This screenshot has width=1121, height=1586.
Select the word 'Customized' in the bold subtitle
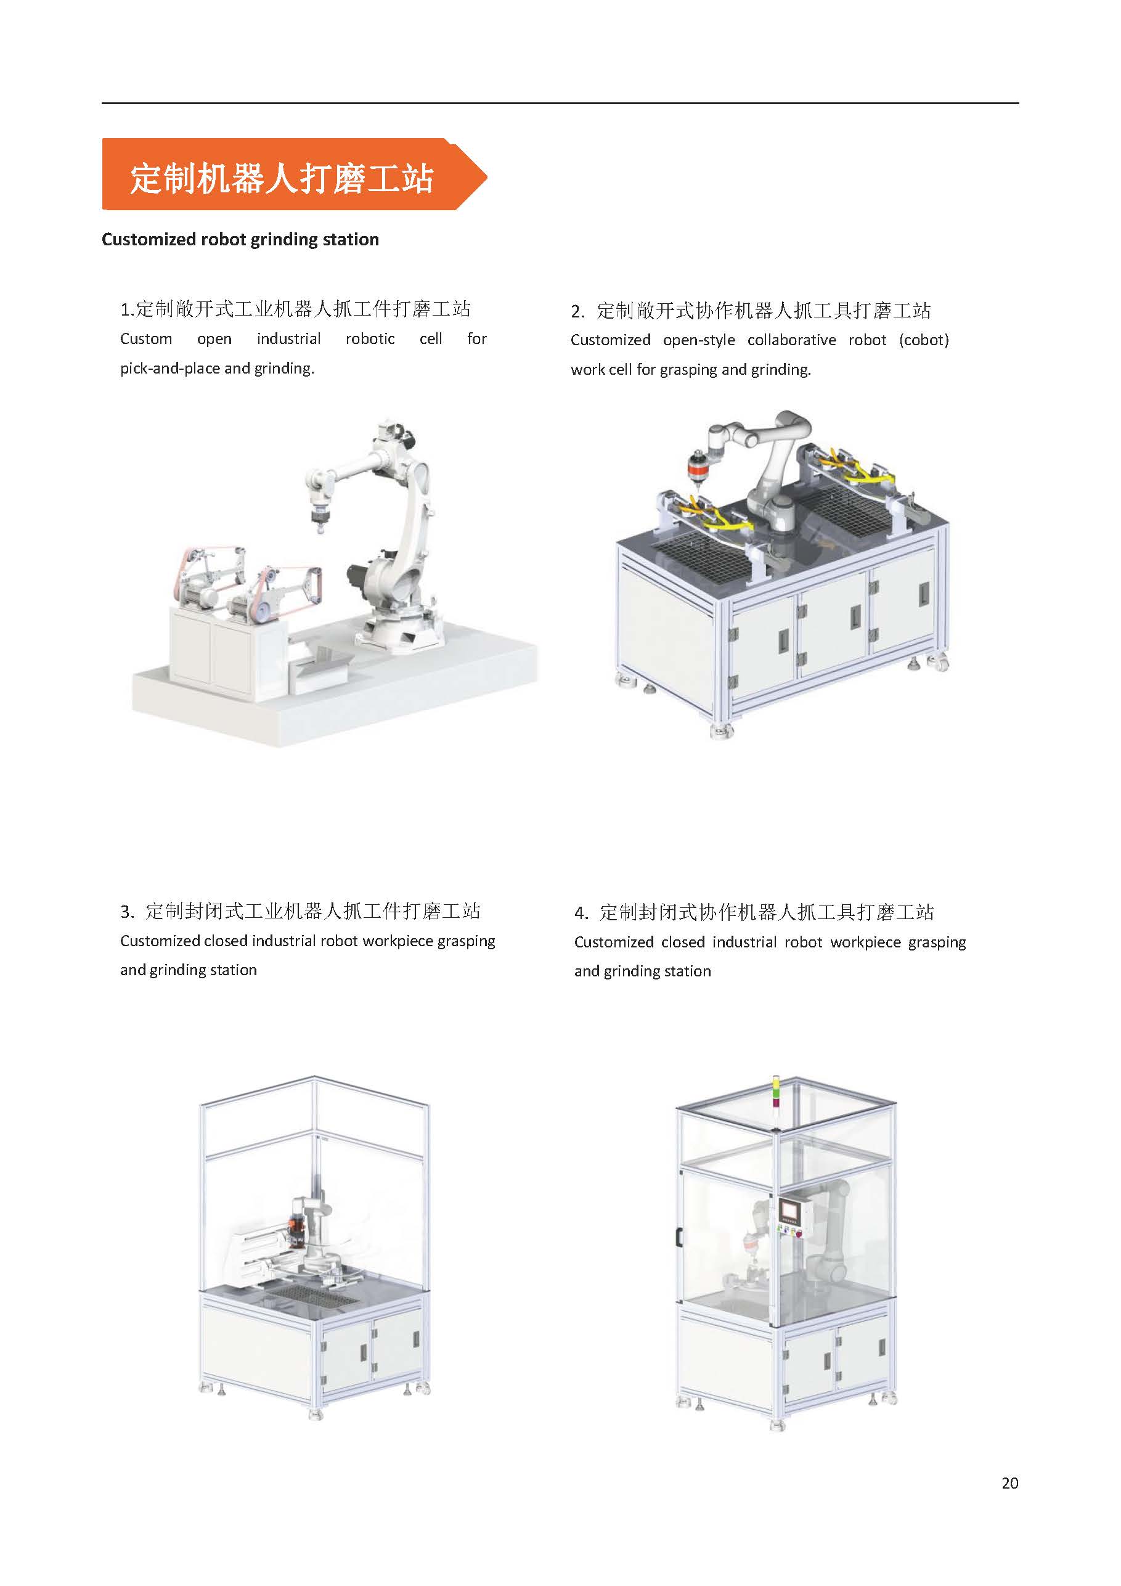149,239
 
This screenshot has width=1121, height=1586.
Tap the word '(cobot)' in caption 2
923,340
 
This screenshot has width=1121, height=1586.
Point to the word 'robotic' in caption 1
370,338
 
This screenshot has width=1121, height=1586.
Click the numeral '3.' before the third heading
127,912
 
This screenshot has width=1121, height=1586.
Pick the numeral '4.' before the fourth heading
582,913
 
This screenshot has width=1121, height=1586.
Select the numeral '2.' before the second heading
578,311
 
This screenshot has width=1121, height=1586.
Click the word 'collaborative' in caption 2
791,340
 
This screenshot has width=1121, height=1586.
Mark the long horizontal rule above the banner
560,104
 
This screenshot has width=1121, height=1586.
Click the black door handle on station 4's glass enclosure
679,1237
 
